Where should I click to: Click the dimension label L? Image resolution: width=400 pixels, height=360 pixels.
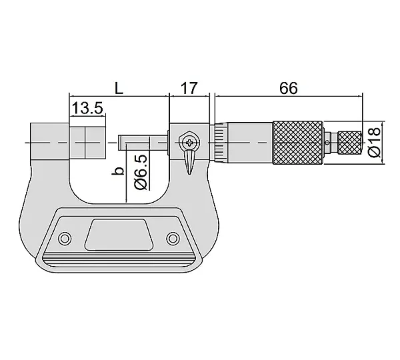[x=119, y=88]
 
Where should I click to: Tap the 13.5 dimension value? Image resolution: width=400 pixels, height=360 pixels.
[x=87, y=108]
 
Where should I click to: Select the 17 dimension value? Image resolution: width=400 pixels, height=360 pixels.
[x=189, y=88]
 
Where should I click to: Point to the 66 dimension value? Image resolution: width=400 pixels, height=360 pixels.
[x=289, y=88]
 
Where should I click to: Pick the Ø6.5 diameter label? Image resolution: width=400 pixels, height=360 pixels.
[x=141, y=172]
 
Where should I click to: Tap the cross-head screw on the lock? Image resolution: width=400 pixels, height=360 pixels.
[x=189, y=143]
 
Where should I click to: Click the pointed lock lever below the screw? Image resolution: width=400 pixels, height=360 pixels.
[x=189, y=161]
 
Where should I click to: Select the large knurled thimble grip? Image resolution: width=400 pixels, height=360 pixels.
[x=299, y=143]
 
